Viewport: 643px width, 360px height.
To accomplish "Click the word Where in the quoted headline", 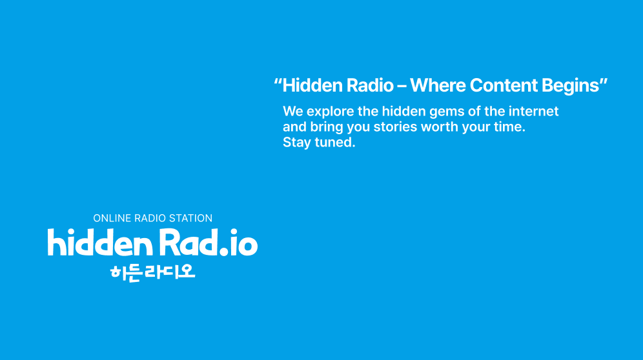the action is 438,85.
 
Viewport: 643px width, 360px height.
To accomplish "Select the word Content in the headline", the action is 504,85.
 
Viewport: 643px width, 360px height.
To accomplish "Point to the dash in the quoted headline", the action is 402,86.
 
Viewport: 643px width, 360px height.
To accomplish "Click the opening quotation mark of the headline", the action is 278,81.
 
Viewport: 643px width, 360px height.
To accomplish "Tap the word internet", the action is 533,111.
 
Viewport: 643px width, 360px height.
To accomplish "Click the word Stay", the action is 296,143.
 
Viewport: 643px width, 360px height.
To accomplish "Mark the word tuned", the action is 334,143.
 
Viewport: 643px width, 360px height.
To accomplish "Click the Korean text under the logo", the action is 152,272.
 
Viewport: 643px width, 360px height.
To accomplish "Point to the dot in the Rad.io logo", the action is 223,251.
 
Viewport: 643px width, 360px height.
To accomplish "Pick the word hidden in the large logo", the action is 100,242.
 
